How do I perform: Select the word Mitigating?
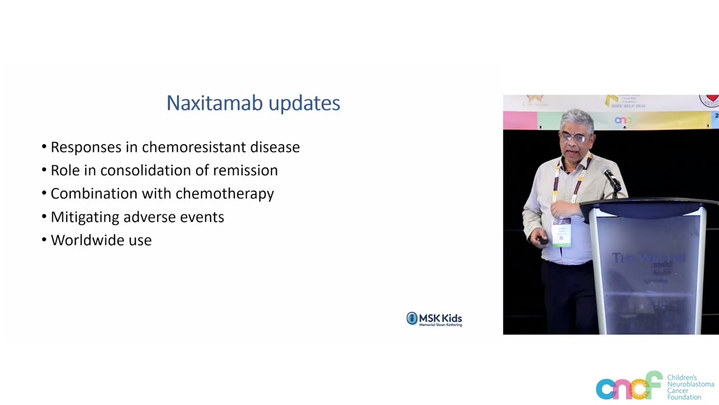click(x=84, y=218)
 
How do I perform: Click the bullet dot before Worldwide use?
click(x=44, y=240)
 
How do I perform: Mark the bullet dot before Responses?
click(x=44, y=147)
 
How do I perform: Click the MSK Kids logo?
click(x=434, y=319)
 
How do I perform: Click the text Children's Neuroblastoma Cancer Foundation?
click(x=690, y=388)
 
